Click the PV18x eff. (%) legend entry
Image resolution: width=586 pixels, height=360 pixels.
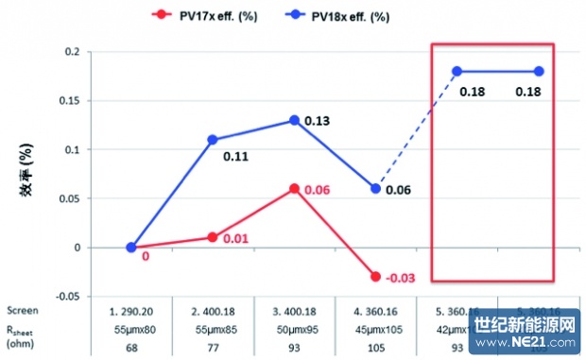336,16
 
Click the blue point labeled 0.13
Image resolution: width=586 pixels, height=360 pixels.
295,120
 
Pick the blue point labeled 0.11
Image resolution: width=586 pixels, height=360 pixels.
213,140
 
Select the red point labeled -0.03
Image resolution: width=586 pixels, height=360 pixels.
376,277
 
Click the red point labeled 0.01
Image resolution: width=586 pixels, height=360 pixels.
213,237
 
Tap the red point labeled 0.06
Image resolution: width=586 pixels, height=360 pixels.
295,189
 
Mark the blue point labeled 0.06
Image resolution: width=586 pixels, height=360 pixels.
376,189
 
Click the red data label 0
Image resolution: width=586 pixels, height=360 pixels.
146,256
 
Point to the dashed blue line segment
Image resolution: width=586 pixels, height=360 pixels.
417,129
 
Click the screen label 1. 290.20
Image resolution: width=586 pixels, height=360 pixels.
132,309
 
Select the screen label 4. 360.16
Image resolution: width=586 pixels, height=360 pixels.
376,309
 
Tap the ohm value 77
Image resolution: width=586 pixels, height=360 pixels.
213,348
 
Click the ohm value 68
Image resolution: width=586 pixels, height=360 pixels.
132,348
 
